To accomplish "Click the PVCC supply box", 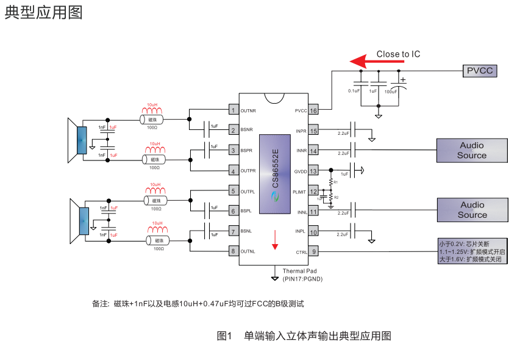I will click(479, 71).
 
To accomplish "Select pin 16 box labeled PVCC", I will click(313, 110).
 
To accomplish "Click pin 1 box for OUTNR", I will click(233, 110).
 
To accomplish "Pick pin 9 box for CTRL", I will click(313, 251).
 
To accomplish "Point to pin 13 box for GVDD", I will click(313, 171).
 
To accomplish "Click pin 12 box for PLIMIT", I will click(313, 192).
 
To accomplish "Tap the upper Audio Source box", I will click(472, 151).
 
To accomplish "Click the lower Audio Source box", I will click(472, 210).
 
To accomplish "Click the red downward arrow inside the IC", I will click(275, 239).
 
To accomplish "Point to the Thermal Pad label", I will click(299, 271).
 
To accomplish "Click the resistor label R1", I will click(335, 182).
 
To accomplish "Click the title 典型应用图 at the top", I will click(43, 13).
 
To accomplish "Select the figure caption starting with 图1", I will click(304, 336).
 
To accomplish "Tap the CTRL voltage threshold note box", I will click(472, 251).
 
